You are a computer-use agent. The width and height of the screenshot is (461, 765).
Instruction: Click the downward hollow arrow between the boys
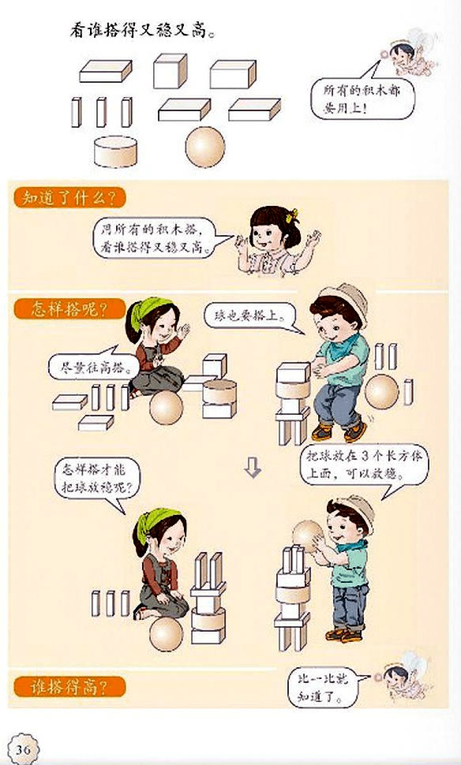click(x=252, y=469)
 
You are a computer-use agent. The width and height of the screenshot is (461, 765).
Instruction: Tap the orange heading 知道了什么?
click(x=69, y=197)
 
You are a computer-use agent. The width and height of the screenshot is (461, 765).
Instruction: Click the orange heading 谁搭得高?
click(x=69, y=685)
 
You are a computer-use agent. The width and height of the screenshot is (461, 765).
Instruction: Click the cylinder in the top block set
click(x=116, y=151)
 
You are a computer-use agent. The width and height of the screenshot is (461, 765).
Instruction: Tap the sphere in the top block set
click(x=204, y=147)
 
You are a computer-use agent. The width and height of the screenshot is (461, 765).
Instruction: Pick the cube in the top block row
click(x=170, y=71)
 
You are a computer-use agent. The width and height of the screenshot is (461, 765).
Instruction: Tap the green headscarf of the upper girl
click(x=147, y=312)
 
